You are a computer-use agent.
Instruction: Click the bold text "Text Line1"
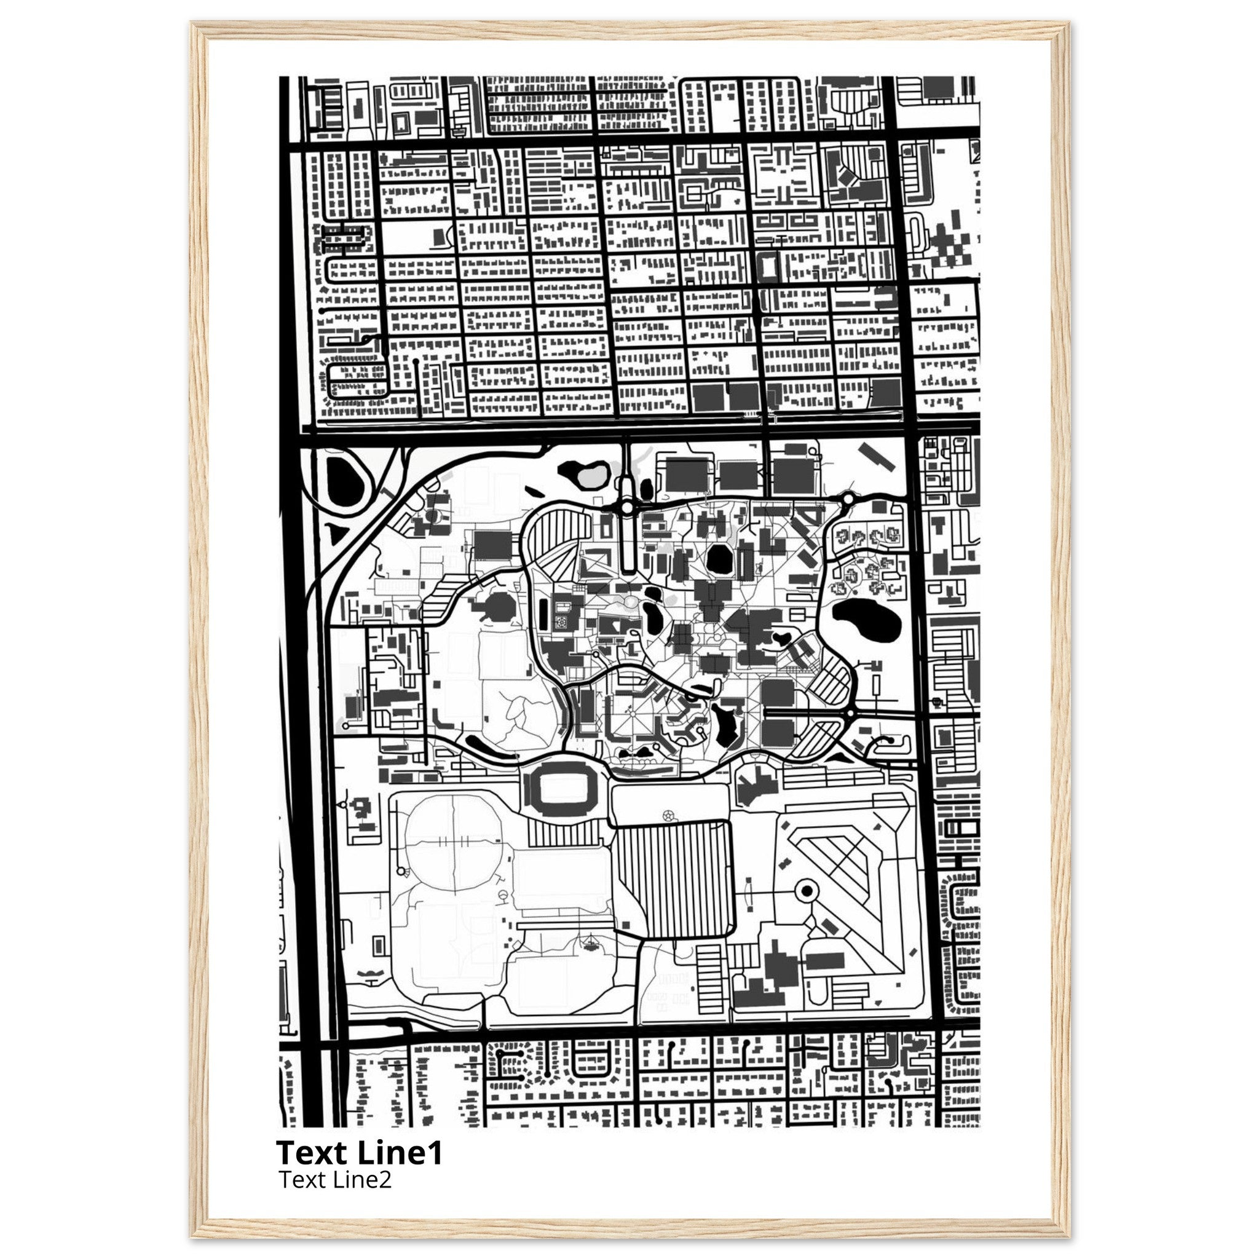pos(359,1153)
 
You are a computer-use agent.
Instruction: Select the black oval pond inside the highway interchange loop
pos(344,480)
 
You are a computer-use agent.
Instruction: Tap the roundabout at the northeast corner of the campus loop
pos(848,500)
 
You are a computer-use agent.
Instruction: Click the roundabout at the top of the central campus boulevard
pos(627,507)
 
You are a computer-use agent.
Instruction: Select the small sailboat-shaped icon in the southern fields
pos(590,942)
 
